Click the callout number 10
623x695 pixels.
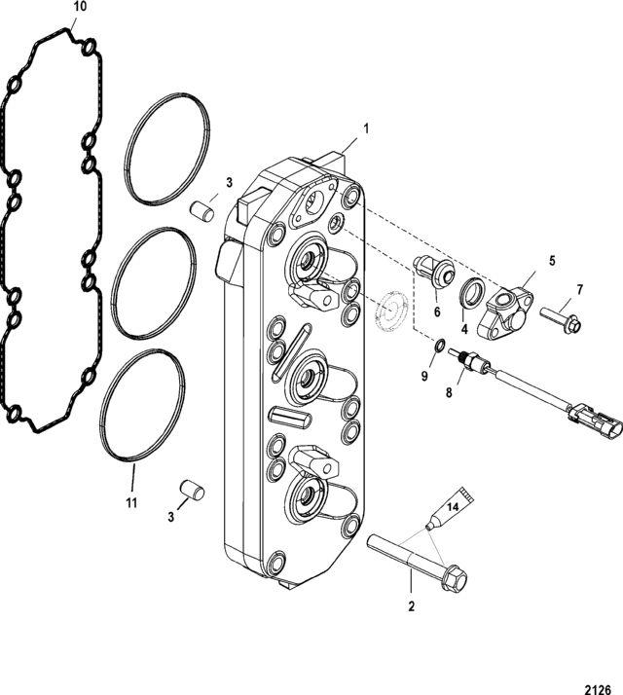coord(80,7)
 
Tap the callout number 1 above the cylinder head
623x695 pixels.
coord(366,128)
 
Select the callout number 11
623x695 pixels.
coord(131,503)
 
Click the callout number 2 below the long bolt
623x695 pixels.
coord(412,606)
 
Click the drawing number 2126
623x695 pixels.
coord(598,689)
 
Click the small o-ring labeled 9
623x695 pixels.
coord(439,346)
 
